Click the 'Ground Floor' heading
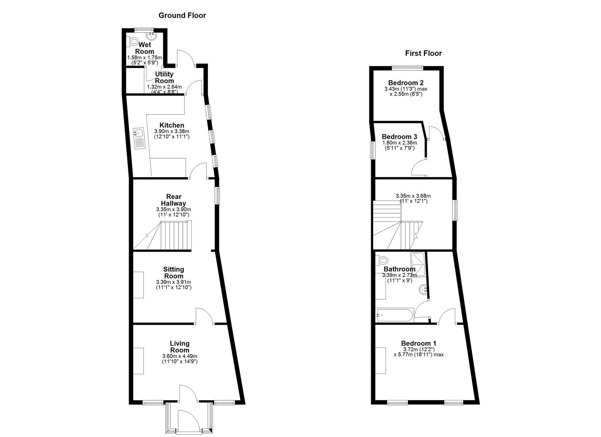(x=182, y=15)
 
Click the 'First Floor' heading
(x=423, y=53)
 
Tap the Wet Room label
(x=144, y=48)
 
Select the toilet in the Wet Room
(x=132, y=42)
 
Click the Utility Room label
(x=164, y=77)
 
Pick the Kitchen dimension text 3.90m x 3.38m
(x=172, y=132)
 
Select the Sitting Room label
(x=174, y=272)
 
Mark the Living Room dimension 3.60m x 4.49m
(x=180, y=356)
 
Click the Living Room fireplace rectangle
(x=139, y=361)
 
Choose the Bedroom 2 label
(x=406, y=83)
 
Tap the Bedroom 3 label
(x=399, y=137)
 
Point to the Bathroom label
(x=399, y=269)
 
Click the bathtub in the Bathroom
(x=394, y=315)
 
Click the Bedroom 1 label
(x=418, y=344)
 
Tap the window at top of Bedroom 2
(x=408, y=67)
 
